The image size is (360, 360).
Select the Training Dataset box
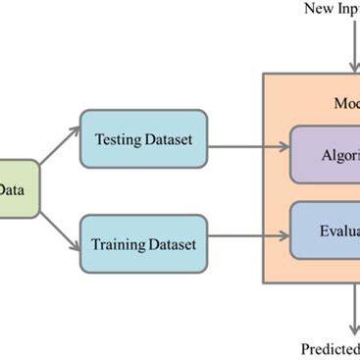click(144, 242)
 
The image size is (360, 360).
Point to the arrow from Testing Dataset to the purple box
click(249, 148)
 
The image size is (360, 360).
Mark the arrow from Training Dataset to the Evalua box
click(249, 236)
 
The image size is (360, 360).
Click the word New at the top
click(320, 9)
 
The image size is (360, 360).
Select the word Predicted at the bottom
click(331, 348)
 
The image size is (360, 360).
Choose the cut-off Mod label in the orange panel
click(345, 103)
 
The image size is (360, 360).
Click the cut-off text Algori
click(339, 155)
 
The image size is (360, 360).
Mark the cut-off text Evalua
click(338, 232)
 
